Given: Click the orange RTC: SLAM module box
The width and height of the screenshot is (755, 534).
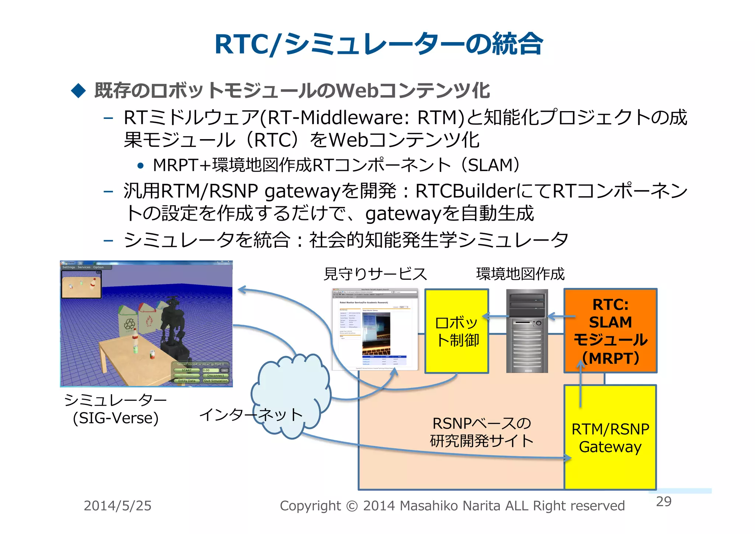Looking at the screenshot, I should tap(610, 331).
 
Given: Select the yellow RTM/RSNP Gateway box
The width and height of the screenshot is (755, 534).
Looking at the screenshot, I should tap(610, 438).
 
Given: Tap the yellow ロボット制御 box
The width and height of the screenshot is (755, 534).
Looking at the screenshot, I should tap(457, 331).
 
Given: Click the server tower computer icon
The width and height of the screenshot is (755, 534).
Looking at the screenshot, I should tap(527, 331).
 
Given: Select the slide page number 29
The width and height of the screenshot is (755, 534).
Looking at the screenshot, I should tap(664, 502).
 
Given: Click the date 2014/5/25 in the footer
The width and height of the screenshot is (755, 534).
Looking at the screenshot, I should tap(118, 506).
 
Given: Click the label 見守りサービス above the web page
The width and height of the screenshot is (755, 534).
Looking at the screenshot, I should tap(375, 274).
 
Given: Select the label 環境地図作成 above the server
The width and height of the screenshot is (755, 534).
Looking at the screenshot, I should tap(520, 274).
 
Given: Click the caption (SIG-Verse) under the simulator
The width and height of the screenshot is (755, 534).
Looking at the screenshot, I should tap(115, 418).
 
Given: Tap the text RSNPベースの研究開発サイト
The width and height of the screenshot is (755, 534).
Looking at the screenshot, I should tap(481, 432).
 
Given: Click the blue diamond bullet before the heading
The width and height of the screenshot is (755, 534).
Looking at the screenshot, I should tap(78, 90).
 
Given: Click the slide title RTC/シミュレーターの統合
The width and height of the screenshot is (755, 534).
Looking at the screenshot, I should tap(378, 44).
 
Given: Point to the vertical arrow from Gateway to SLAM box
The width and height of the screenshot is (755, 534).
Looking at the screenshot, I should tap(580, 384).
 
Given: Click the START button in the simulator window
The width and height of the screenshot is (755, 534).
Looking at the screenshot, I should tap(187, 370).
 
